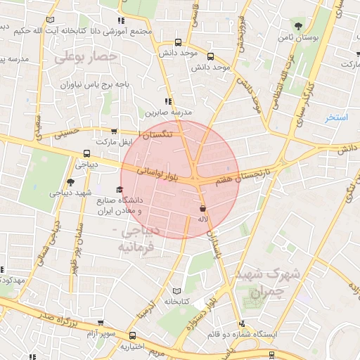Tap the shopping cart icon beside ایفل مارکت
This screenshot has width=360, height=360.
(114, 131)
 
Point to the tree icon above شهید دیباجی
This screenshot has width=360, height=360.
(70, 182)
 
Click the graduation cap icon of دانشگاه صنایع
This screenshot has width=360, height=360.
(119, 189)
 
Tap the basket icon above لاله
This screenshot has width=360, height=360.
(203, 209)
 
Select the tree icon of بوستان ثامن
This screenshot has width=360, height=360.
(300, 25)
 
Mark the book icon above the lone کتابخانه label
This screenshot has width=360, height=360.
(176, 291)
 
